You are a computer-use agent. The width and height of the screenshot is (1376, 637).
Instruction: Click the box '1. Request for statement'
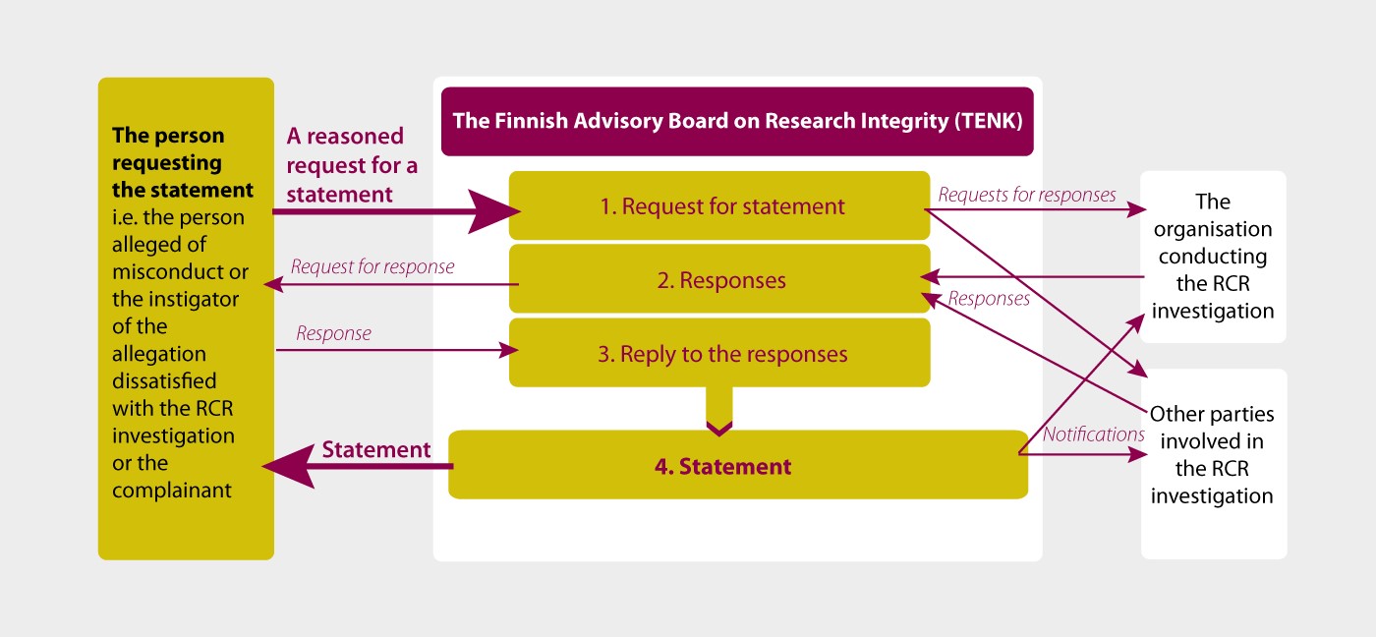pyautogui.click(x=719, y=205)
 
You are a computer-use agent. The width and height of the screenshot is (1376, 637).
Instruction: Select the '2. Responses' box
pyautogui.click(x=719, y=279)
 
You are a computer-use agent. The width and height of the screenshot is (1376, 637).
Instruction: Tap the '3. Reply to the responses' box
pyautogui.click(x=719, y=353)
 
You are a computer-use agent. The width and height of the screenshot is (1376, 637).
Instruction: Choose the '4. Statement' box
pyautogui.click(x=738, y=464)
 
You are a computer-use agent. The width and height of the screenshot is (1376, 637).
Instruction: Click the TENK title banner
pyautogui.click(x=737, y=121)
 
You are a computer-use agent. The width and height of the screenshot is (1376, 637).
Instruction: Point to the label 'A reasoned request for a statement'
pyautogui.click(x=352, y=164)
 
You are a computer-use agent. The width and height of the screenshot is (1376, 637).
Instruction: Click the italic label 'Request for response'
pyautogui.click(x=373, y=266)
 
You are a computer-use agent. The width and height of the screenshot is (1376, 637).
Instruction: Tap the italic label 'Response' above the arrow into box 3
pyautogui.click(x=333, y=333)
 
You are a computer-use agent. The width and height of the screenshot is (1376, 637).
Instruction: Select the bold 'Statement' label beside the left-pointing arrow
pyautogui.click(x=375, y=449)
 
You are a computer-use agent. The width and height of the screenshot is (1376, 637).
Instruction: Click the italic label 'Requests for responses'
pyautogui.click(x=1026, y=195)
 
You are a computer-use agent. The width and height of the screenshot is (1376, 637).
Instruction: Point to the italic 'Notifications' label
pyautogui.click(x=1093, y=434)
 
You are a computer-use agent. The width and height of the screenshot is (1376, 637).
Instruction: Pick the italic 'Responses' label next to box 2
pyautogui.click(x=989, y=299)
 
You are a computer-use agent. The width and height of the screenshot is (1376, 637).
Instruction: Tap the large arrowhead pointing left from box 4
pyautogui.click(x=289, y=466)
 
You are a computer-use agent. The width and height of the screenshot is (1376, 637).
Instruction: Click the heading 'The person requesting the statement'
pyautogui.click(x=183, y=162)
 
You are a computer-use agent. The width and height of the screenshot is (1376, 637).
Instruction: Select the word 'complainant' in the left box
pyautogui.click(x=172, y=491)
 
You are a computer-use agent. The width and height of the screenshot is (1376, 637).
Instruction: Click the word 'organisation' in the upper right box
pyautogui.click(x=1213, y=229)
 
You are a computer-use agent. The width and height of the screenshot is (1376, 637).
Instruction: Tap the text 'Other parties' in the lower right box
pyautogui.click(x=1211, y=414)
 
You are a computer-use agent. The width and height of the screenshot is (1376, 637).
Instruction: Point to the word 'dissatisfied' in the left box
pyautogui.click(x=164, y=380)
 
